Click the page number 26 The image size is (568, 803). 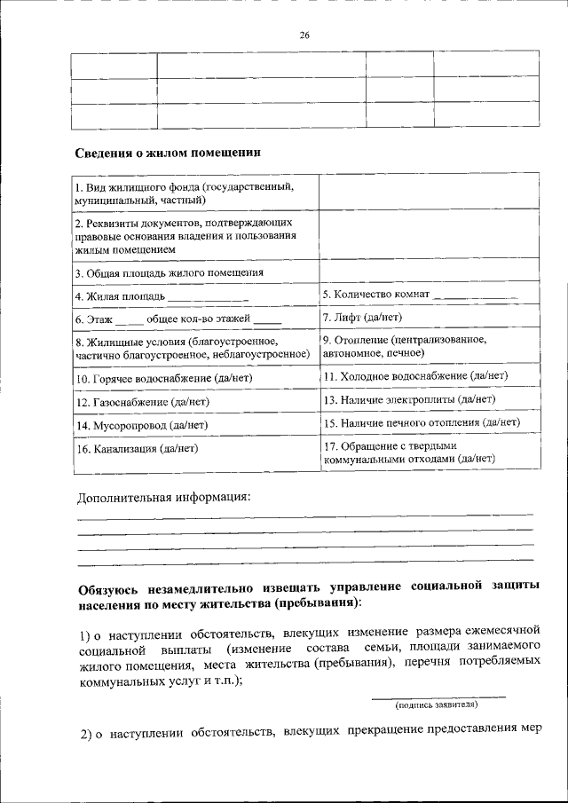304,35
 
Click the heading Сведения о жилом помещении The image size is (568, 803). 167,154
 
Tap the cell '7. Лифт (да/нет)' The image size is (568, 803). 362,317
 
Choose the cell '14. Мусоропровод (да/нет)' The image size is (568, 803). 141,425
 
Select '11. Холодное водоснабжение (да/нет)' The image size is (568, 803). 414,376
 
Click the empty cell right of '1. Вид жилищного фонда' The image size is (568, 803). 428,193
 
